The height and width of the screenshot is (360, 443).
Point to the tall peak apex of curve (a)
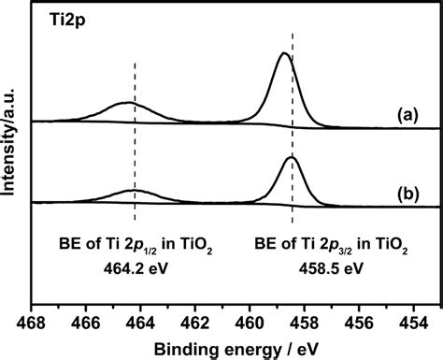pos(284,53)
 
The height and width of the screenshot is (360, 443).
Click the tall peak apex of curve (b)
pos(292,157)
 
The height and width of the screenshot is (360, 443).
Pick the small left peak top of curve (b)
pos(134,191)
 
